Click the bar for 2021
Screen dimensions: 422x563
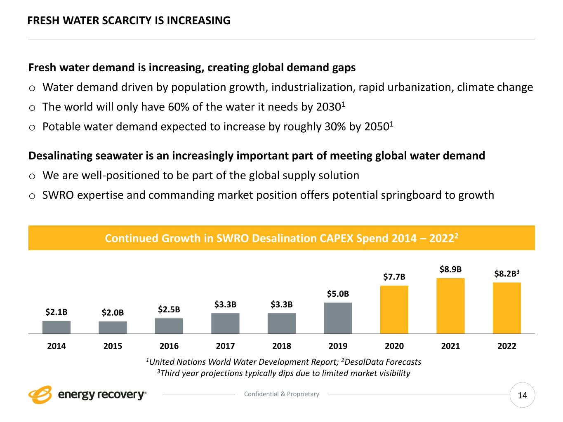point(450,306)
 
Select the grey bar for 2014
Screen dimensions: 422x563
point(57,327)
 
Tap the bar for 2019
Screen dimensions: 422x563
point(338,318)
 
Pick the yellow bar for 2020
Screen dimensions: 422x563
point(394,309)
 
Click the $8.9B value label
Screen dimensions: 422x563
point(450,270)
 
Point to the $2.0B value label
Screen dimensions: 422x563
point(113,313)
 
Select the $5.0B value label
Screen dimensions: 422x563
point(338,294)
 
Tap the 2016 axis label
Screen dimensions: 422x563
point(169,346)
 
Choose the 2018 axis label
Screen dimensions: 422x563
point(282,346)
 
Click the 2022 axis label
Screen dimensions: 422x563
point(507,346)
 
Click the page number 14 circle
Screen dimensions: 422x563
point(522,395)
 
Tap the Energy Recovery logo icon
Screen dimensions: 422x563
point(40,395)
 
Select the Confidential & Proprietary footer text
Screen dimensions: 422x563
point(282,394)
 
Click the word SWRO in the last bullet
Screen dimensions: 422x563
point(58,195)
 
